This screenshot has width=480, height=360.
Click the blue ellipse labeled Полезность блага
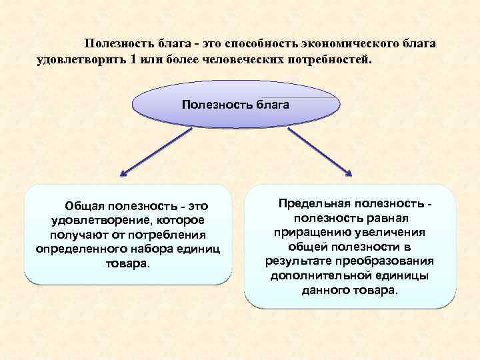(236, 105)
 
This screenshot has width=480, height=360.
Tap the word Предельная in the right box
(315, 203)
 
